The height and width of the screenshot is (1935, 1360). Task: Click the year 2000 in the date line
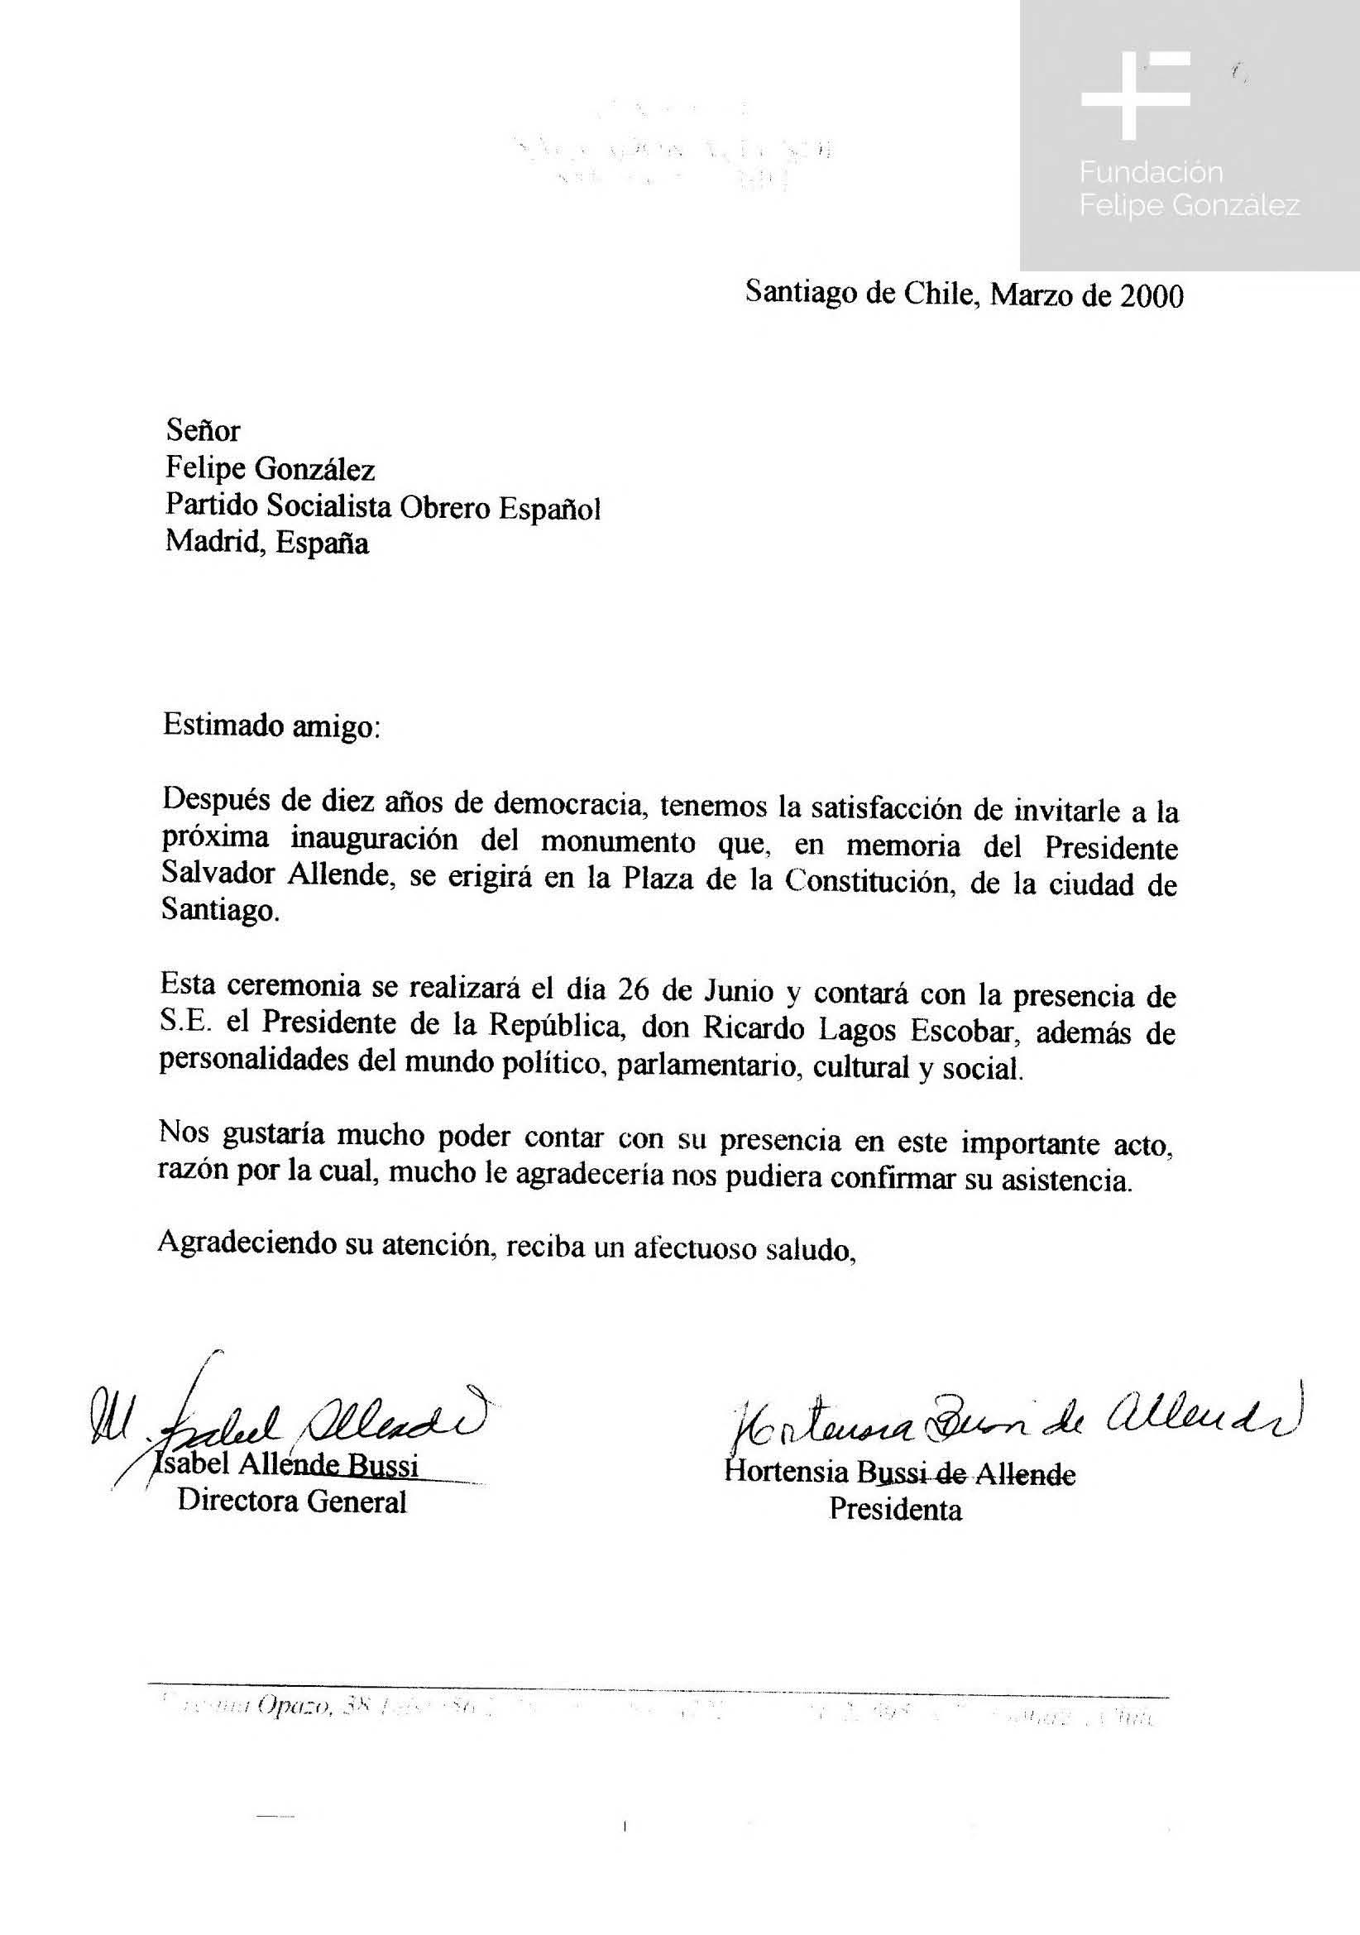pos(1151,296)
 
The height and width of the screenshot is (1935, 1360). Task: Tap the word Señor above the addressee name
pos(203,432)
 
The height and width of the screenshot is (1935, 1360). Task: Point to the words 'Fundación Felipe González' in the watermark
pos(1189,189)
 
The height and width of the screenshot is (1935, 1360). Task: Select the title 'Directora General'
pos(291,1502)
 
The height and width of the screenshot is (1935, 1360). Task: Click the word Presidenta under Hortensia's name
pos(895,1509)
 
